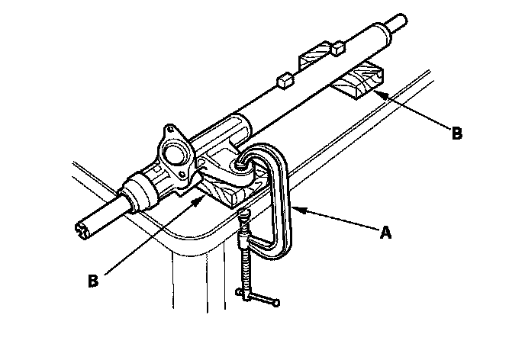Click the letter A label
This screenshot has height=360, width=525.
pos(386,233)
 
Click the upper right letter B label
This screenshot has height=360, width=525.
pos(456,133)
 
